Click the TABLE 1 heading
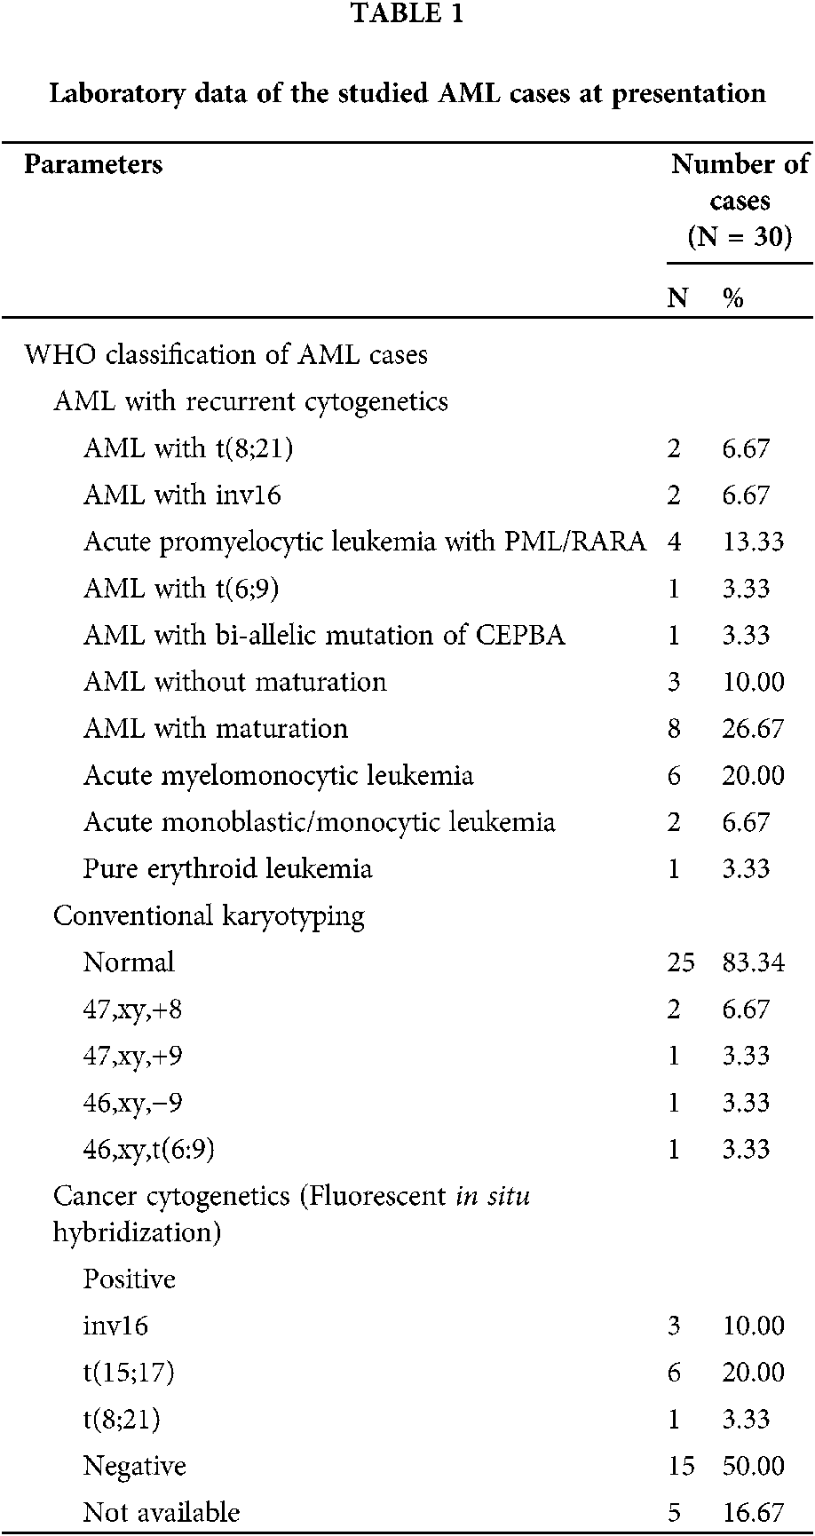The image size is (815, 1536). point(407,14)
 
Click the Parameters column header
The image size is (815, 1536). point(93,164)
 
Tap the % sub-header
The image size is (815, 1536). point(732,298)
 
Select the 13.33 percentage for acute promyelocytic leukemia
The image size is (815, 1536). point(753,542)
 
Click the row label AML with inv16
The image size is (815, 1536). point(182,495)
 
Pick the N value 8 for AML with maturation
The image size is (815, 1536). point(675,729)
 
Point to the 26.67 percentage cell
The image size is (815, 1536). point(753,729)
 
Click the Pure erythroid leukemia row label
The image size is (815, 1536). point(227,868)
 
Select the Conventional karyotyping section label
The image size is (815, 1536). point(209,915)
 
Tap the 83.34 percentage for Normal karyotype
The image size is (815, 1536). point(753,962)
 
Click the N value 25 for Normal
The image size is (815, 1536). point(681,962)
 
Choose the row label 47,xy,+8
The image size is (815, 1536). point(133,1009)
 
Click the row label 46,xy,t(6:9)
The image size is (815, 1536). point(149,1150)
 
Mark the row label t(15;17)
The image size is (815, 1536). point(129,1373)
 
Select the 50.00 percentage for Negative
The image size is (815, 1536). point(753,1466)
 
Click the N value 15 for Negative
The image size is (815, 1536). point(681,1466)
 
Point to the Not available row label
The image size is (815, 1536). point(162,1512)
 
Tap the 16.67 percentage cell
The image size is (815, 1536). point(753,1512)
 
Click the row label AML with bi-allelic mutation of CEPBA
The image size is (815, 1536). point(324,636)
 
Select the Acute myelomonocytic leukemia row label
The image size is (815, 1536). point(278,775)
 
